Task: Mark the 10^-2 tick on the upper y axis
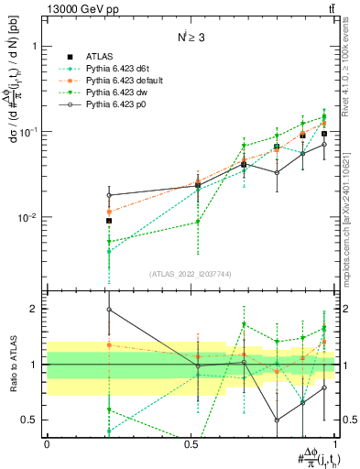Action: (x=27, y=218)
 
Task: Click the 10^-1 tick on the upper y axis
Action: (x=27, y=132)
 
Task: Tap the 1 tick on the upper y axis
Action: (x=34, y=46)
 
